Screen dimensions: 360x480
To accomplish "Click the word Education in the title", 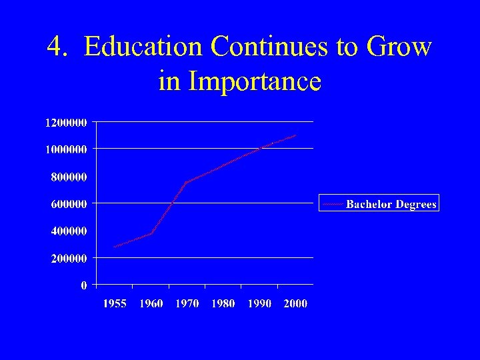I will pos(143,47).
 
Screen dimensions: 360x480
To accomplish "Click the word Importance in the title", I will pos(255,81).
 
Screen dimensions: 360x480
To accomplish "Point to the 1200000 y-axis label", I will pos(66,123).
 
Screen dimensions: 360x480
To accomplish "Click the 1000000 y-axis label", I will pos(66,150).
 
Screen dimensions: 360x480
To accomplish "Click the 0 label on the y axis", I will pos(83,285).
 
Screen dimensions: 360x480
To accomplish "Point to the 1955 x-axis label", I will pos(114,304).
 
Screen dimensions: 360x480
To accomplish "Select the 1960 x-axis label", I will pos(151,304).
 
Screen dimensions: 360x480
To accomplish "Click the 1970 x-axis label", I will pos(187,304).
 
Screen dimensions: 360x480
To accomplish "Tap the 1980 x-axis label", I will pos(223,304).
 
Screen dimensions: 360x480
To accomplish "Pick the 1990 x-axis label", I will pos(259,304).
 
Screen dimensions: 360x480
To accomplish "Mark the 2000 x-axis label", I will pos(295,304).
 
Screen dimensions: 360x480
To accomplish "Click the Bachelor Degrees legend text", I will pos(391,204).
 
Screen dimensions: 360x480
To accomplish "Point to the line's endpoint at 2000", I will pos(295,135).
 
